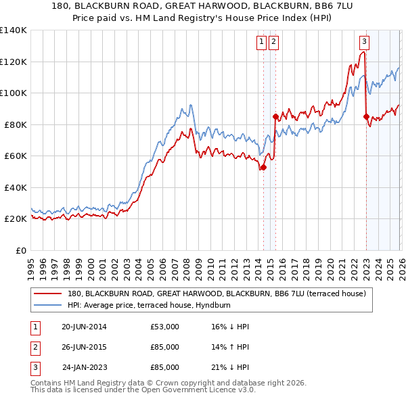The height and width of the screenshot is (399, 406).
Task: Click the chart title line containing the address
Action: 203,5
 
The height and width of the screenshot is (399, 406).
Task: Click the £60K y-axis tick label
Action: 16,156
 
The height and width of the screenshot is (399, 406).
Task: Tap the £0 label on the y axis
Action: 21,250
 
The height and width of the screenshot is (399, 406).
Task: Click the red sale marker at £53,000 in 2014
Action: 263,168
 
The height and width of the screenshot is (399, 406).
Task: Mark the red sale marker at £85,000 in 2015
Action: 275,117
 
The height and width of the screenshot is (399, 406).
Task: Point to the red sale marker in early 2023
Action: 366,117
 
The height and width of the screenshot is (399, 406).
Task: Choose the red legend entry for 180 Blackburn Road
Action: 217,294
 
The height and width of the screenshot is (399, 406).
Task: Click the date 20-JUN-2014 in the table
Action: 84,327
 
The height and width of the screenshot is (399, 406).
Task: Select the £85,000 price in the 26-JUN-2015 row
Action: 165,347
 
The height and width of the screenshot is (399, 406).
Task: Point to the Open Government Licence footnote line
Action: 143,390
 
